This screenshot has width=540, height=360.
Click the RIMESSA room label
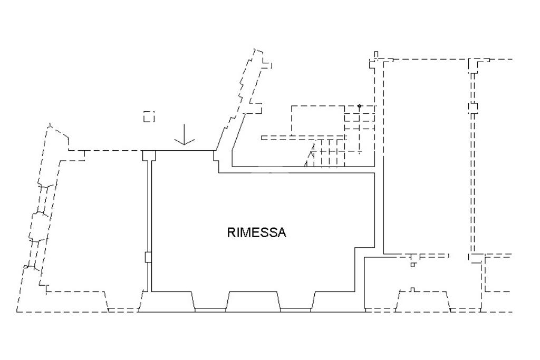click(257, 232)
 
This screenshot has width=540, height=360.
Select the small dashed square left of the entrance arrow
click(149, 116)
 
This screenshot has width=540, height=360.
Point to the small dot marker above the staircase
click(359, 106)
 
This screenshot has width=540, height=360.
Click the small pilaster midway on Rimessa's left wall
click(148, 257)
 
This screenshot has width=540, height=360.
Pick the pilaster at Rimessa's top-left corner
click(149, 155)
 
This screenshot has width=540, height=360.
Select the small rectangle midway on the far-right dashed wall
click(473, 108)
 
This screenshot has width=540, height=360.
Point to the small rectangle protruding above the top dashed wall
click(376, 54)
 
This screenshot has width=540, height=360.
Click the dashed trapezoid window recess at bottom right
click(423, 301)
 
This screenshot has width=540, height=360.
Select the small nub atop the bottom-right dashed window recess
click(413, 289)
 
